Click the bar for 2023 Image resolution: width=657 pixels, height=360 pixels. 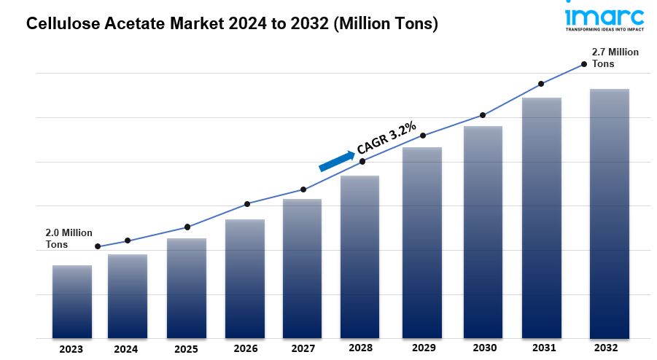point(71,302)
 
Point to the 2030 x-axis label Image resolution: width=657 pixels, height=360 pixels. point(482,349)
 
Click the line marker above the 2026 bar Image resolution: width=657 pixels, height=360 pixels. point(247,204)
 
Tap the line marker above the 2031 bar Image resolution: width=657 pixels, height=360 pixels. point(541,84)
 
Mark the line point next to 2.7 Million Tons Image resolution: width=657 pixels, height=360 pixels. point(583,64)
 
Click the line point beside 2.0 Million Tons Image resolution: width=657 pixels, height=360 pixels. point(98,246)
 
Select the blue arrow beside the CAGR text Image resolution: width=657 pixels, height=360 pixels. point(336,160)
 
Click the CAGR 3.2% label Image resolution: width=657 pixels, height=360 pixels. point(386,138)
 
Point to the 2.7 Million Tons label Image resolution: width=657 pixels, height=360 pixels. point(615,58)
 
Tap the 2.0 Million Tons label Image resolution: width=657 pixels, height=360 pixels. point(69,238)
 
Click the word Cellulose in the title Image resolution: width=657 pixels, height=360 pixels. point(59,24)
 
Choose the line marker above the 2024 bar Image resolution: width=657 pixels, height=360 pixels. point(128,240)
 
